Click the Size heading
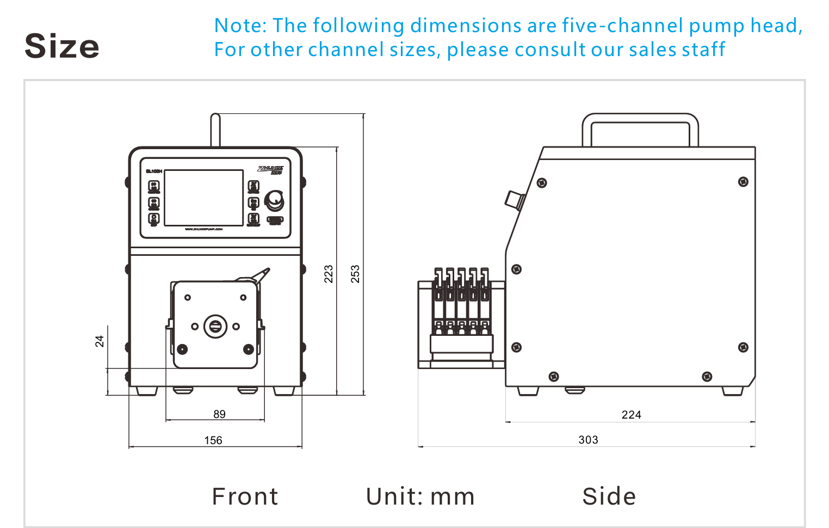click(62, 46)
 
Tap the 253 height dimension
click(355, 273)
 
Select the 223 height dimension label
click(329, 273)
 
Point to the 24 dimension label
click(100, 341)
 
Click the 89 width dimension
click(219, 414)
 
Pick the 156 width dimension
click(213, 440)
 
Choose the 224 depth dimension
click(631, 415)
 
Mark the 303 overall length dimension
click(588, 440)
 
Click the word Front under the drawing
click(245, 496)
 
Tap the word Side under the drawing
click(609, 496)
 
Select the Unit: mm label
click(420, 496)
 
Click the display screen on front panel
click(203, 198)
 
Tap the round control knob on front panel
click(274, 200)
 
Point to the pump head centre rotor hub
click(215, 327)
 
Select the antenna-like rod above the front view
click(215, 130)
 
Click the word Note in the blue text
click(239, 26)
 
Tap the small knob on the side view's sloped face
click(514, 200)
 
